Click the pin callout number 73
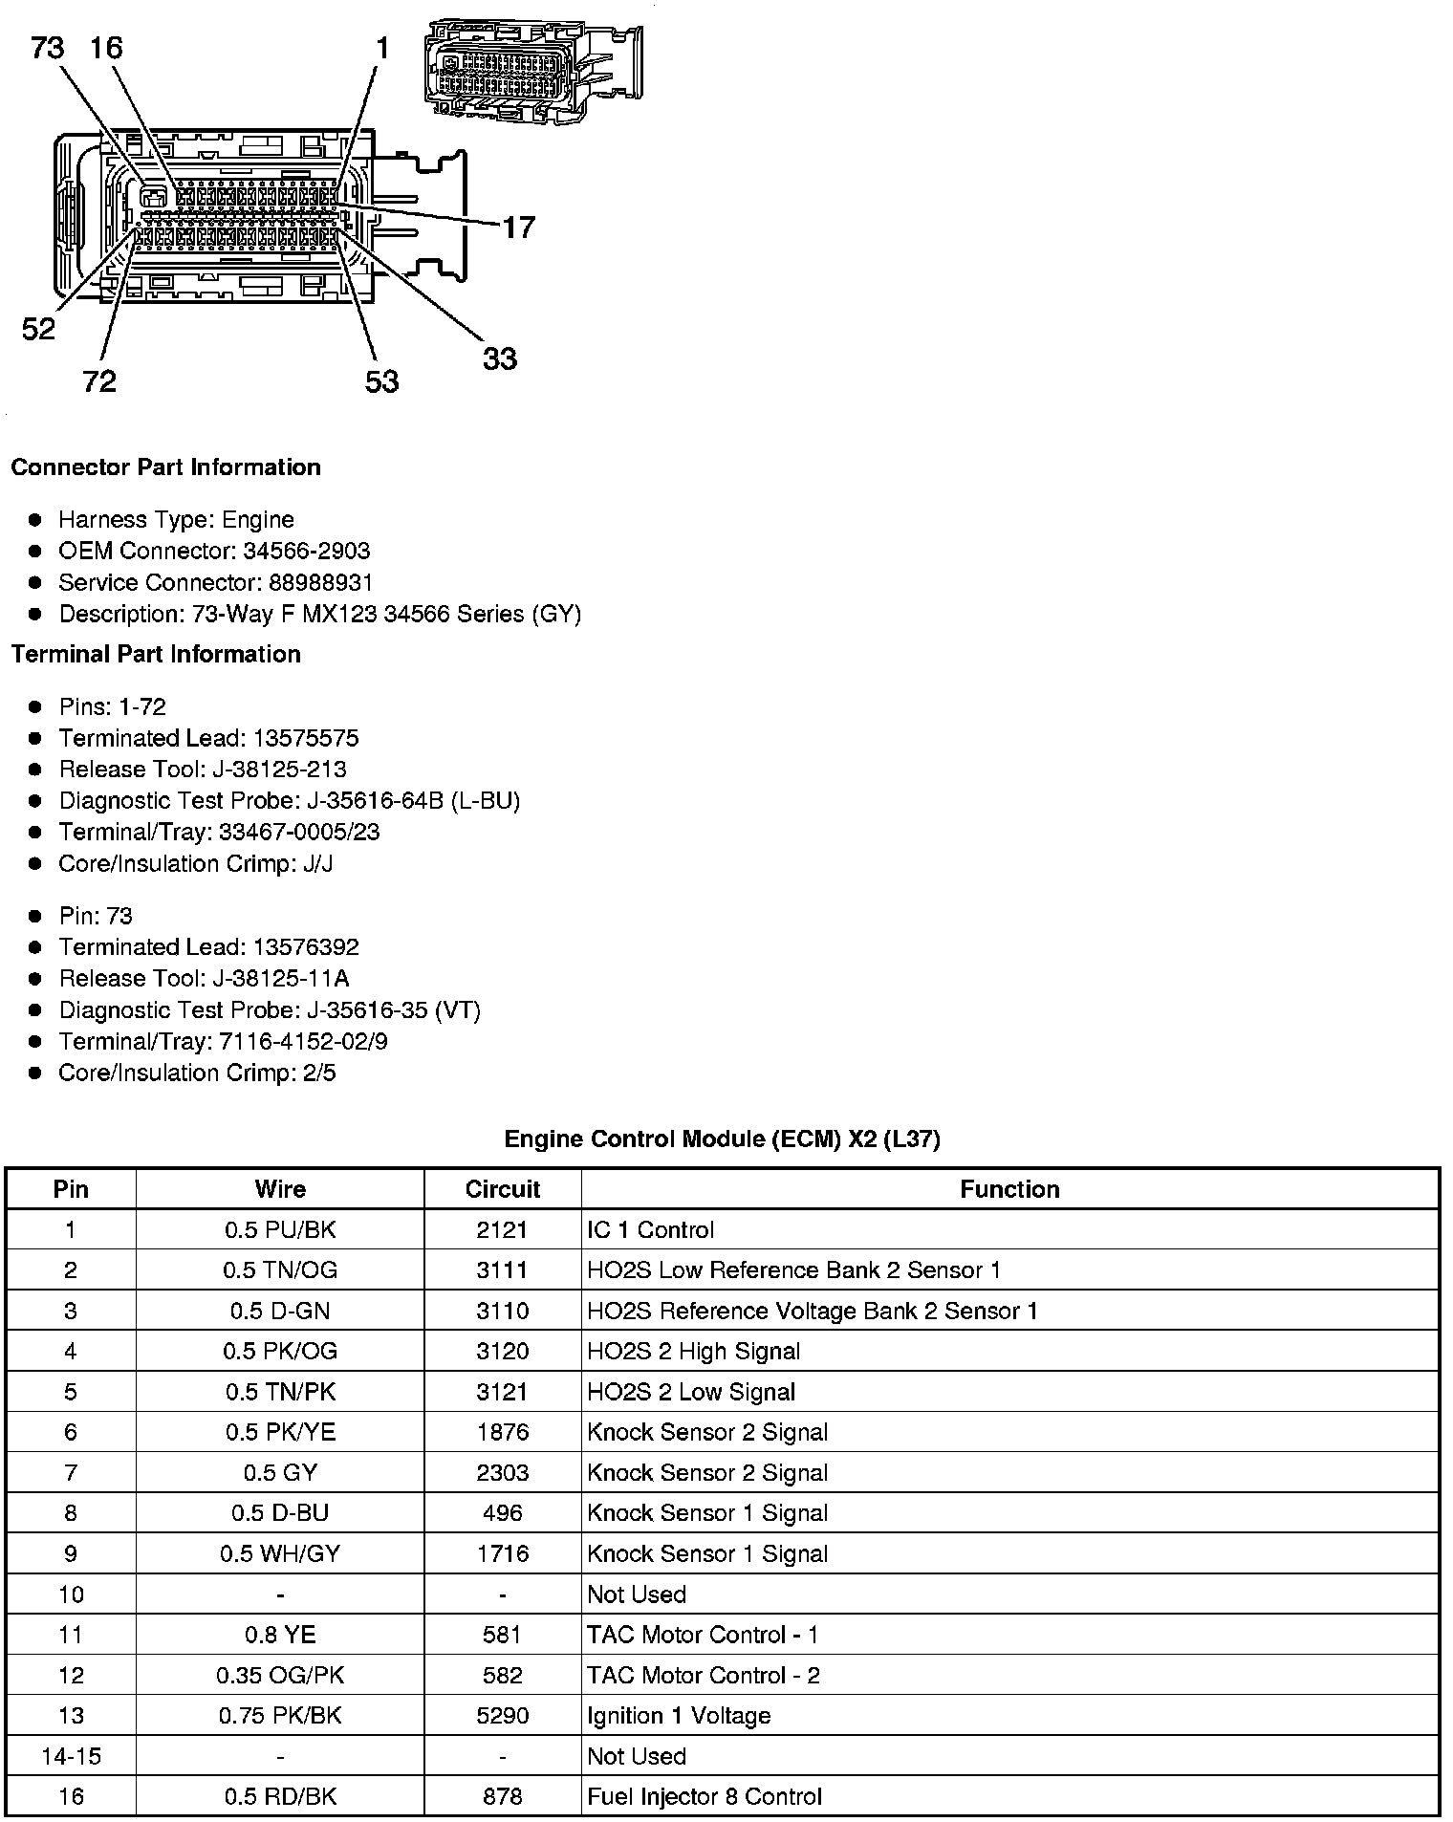48,47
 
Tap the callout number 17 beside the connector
518,228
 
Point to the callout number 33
499,359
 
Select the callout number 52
39,330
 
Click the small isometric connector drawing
533,70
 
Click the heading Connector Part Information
165,467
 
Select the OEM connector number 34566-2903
293,551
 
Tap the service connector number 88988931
295,582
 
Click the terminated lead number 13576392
306,947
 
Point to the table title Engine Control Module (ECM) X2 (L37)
722,1139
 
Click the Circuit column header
502,1189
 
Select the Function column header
1009,1189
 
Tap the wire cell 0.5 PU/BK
280,1229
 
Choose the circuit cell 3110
502,1311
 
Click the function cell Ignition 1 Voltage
679,1715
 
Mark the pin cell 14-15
71,1756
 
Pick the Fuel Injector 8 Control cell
705,1796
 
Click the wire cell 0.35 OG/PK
280,1675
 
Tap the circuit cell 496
502,1513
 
